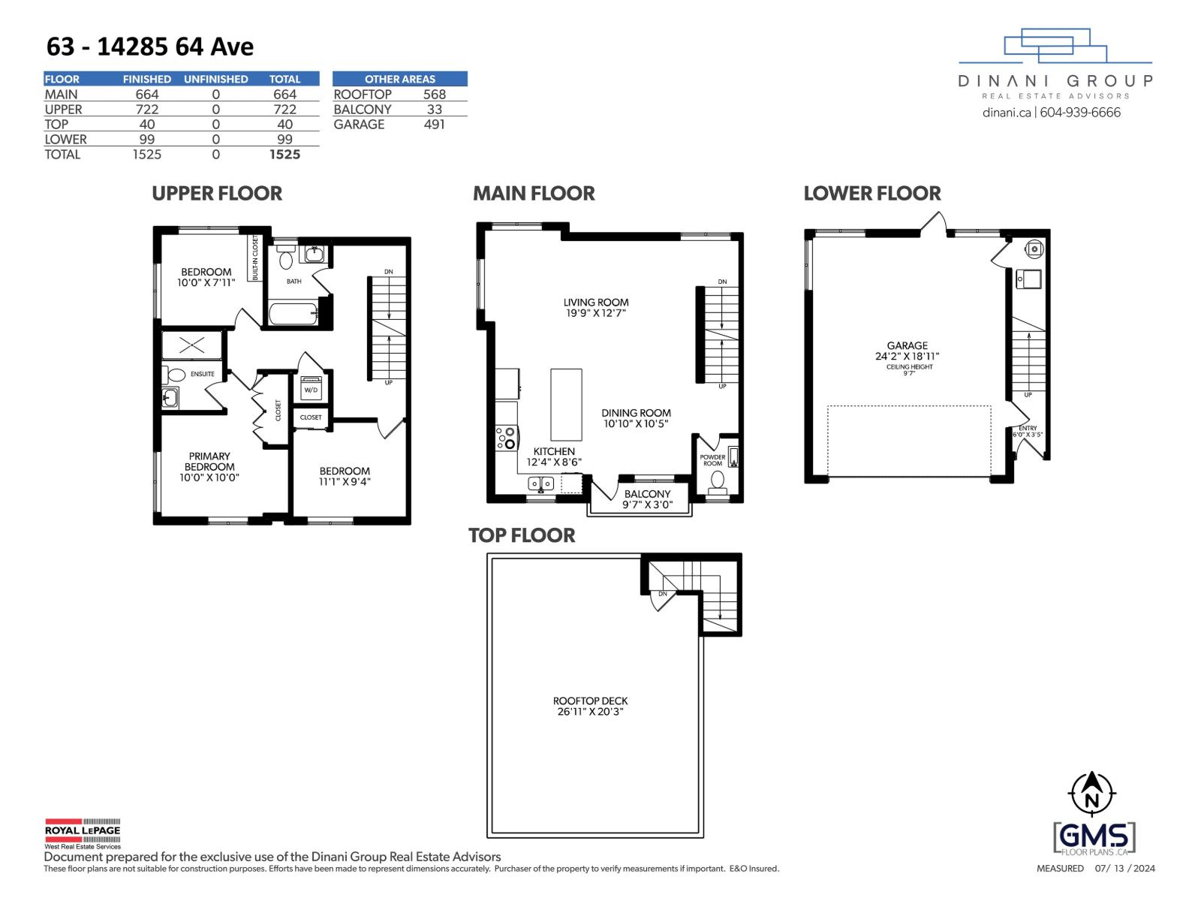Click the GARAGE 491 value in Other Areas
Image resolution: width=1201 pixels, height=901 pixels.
tap(434, 125)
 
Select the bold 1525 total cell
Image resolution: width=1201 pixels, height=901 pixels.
tap(284, 155)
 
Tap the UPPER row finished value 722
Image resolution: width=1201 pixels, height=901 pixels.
tap(147, 110)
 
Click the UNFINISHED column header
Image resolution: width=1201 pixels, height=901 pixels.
tap(215, 79)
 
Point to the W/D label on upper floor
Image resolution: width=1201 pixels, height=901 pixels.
tap(311, 390)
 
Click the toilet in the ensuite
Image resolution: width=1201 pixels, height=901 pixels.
tap(176, 375)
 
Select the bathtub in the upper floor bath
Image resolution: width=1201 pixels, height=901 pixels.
tap(293, 313)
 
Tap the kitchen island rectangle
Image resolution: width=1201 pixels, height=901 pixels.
tap(566, 405)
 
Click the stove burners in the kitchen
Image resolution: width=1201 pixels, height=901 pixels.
tap(507, 438)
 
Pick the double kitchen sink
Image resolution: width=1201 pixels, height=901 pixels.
tap(541, 483)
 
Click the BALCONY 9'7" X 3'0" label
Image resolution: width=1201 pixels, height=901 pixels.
tap(646, 499)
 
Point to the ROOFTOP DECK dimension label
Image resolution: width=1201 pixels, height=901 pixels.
tap(590, 707)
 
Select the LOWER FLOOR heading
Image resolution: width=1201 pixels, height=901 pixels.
tap(871, 194)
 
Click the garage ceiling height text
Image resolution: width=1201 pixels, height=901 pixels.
tap(909, 369)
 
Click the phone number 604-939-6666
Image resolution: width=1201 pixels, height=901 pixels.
tap(1080, 113)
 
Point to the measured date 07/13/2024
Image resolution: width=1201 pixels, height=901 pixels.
tap(1124, 869)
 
